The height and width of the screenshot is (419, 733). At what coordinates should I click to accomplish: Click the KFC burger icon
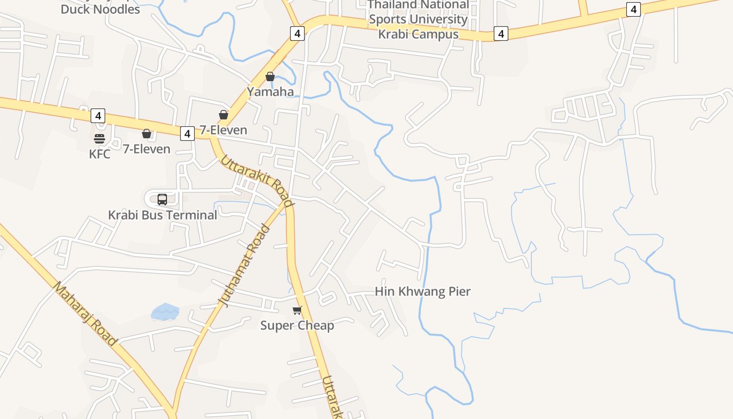99,139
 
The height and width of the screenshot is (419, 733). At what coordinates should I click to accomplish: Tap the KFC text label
99,154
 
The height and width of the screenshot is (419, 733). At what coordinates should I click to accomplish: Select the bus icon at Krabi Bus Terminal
162,199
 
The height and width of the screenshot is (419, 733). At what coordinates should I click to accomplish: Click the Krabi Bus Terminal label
162,215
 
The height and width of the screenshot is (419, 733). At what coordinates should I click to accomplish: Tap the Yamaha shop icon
270,77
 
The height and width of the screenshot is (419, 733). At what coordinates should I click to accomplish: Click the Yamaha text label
270,92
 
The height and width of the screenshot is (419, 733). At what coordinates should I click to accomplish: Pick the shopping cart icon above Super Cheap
297,311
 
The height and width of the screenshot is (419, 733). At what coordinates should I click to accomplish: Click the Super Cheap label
297,325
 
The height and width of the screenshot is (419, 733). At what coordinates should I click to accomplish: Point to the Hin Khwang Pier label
423,291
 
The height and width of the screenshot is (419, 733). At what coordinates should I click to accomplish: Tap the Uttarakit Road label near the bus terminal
256,181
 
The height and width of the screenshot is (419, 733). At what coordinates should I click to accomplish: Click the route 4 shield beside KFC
97,115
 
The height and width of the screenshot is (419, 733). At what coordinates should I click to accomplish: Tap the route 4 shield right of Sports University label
501,34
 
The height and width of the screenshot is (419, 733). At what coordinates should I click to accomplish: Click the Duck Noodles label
101,9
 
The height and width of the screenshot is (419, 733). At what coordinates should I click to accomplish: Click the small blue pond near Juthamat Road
165,312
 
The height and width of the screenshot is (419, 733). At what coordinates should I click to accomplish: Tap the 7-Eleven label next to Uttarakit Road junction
223,130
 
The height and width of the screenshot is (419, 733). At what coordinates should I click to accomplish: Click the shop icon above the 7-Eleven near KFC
147,134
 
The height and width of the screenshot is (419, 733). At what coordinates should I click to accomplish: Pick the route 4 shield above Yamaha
297,34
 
